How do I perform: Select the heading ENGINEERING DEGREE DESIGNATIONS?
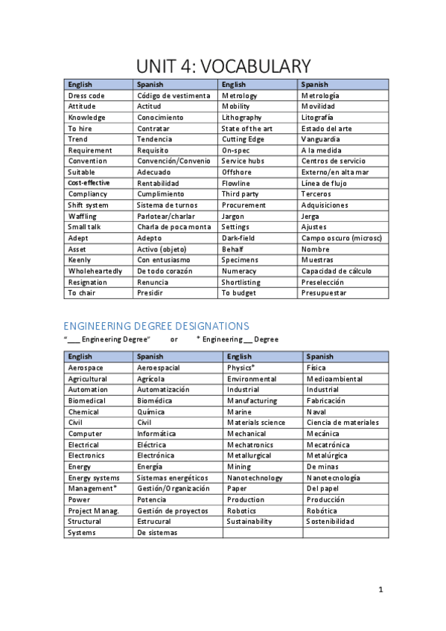click(156, 326)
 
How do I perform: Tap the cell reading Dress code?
click(86, 96)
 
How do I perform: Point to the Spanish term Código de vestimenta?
click(173, 96)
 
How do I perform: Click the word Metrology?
click(239, 96)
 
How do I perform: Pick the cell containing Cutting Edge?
click(243, 139)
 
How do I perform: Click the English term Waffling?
click(82, 217)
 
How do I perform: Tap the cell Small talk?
click(84, 227)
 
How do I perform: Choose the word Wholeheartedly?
click(95, 271)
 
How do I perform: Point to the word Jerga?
click(310, 217)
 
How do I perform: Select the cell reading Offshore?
click(236, 172)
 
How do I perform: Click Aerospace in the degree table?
click(86, 368)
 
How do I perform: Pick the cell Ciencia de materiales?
click(343, 423)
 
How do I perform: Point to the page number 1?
click(380, 590)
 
